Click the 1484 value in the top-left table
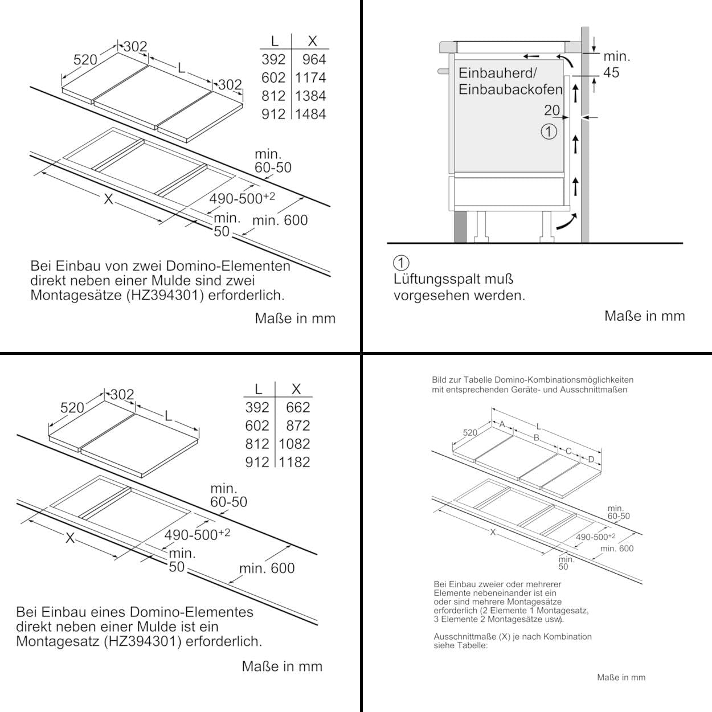tap(310, 114)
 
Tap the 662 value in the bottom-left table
tap(298, 407)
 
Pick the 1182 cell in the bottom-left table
tap(294, 462)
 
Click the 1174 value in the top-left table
tap(310, 77)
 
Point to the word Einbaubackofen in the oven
tap(510, 90)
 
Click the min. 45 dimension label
tap(617, 64)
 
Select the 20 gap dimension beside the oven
tap(552, 110)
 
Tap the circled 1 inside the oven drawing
tap(549, 132)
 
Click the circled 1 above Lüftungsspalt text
tap(401, 263)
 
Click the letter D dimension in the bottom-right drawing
tap(591, 459)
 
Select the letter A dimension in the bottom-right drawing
tap(502, 424)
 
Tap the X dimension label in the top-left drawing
tap(108, 199)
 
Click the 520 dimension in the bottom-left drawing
tap(72, 407)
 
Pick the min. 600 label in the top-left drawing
tap(280, 220)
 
